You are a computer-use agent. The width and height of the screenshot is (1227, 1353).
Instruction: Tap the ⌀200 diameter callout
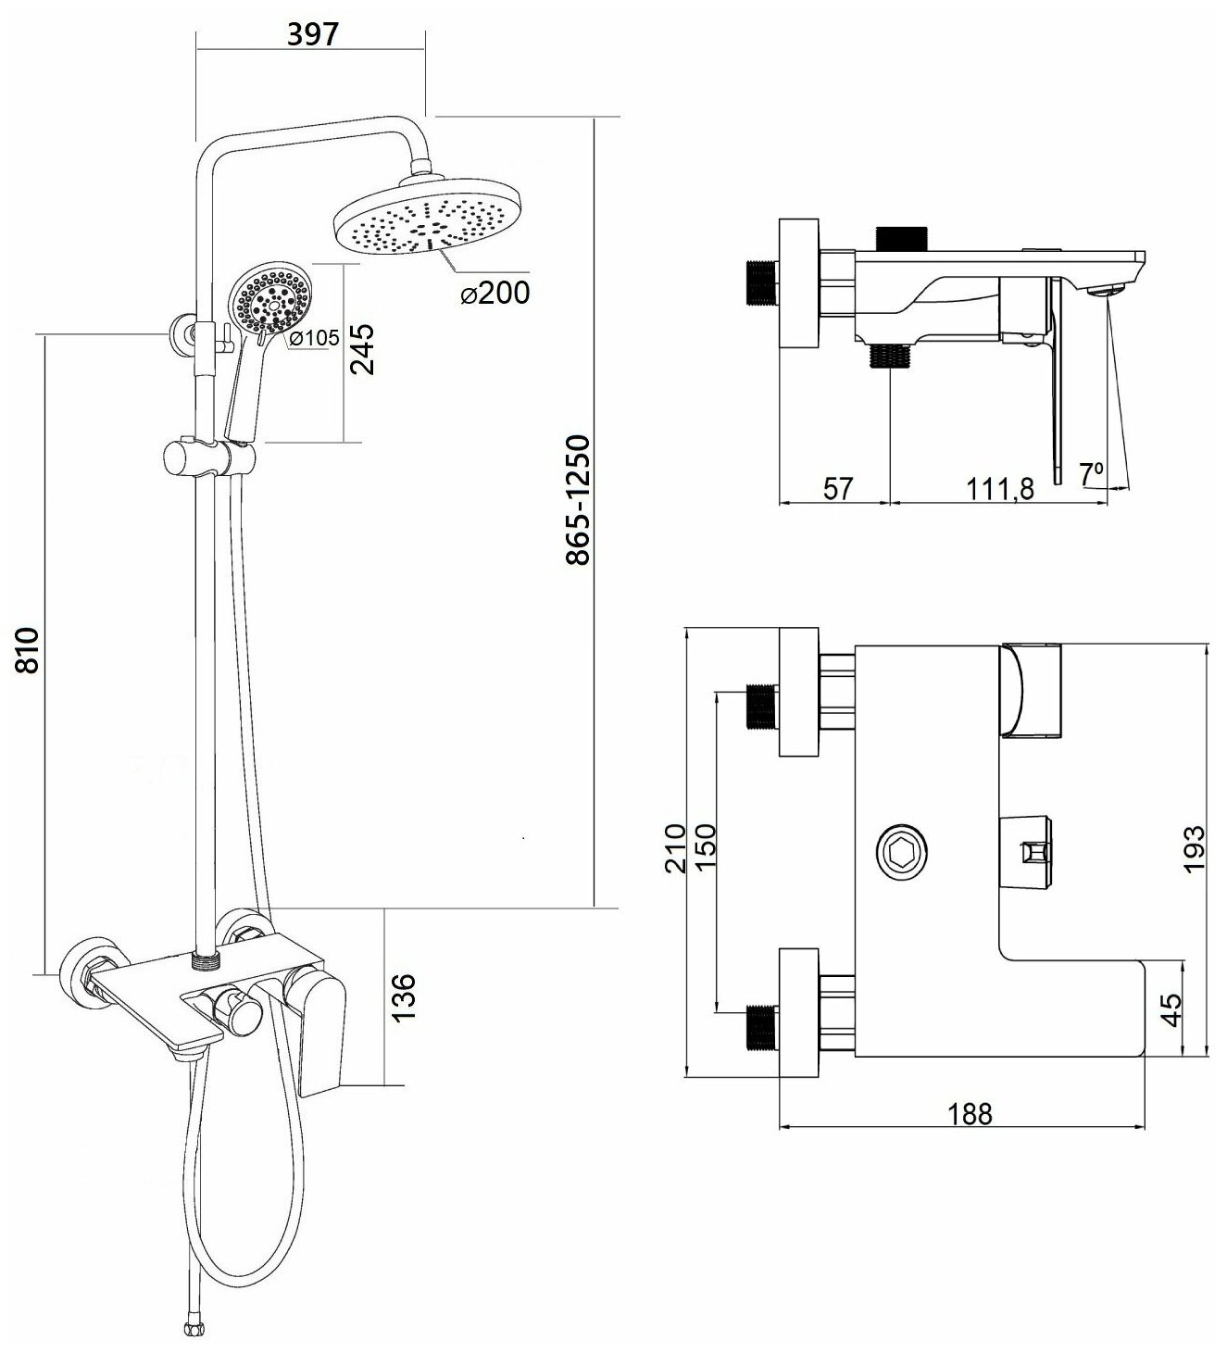point(495,294)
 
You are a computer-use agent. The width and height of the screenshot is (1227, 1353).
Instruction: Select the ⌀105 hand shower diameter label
point(314,339)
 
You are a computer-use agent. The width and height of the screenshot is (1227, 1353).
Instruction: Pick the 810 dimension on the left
point(28,649)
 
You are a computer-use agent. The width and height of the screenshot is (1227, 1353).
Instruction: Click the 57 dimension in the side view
point(836,488)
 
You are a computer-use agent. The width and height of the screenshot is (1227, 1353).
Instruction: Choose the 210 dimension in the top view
point(677,847)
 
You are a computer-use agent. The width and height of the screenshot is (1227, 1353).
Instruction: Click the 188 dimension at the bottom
point(968,1113)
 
